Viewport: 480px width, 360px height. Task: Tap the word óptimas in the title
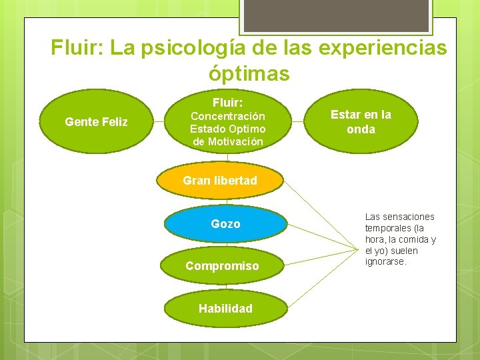pos(249,73)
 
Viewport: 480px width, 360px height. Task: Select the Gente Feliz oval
pos(96,122)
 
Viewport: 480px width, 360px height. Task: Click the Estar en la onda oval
pos(361,122)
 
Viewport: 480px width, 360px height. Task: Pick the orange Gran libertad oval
pos(220,181)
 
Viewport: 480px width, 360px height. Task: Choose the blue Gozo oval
pos(225,224)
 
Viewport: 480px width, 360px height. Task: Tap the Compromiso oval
pos(222,266)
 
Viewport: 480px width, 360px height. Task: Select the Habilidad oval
pos(225,308)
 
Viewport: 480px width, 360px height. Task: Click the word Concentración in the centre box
pos(227,116)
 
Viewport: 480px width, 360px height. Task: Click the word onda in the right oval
pos(361,129)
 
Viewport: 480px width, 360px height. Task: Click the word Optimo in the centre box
pos(246,129)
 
